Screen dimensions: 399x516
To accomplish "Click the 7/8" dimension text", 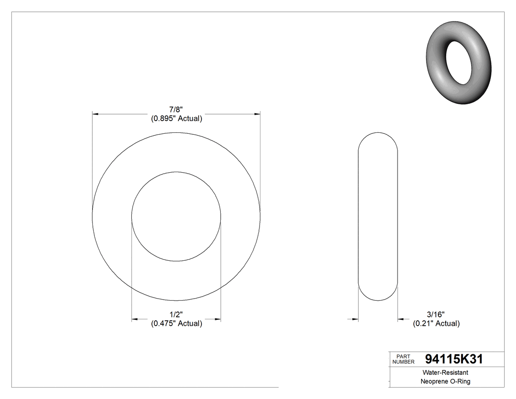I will coord(176,109).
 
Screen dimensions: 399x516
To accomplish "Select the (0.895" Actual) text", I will coord(176,119).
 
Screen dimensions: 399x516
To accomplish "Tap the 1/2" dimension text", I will coord(176,314).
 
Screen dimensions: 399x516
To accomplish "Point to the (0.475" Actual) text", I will coord(176,323).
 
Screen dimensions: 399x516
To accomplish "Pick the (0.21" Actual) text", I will coord(436,323).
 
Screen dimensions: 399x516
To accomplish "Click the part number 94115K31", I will coord(454,359).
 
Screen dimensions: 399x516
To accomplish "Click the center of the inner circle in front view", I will coord(176,216).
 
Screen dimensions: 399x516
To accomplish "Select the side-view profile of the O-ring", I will coord(377,216).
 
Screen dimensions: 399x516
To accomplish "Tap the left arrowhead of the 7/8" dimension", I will coord(96,114).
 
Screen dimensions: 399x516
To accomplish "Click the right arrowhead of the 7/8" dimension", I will coord(257,114).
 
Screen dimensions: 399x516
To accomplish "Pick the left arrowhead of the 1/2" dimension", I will coord(135,320).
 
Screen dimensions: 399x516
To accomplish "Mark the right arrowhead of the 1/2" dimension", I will coord(217,320).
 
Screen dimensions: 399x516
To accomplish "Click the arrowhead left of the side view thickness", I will coord(355,320).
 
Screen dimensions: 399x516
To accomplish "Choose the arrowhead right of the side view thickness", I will coord(401,320).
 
